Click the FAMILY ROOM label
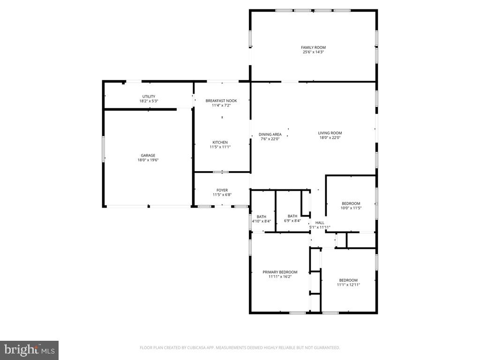pyautogui.click(x=313, y=47)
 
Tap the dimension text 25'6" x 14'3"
pyautogui.click(x=313, y=52)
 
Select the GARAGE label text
pyautogui.click(x=148, y=156)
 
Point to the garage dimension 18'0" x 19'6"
pyautogui.click(x=148, y=160)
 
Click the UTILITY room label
pyautogui.click(x=149, y=97)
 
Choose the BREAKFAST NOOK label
pyautogui.click(x=221, y=101)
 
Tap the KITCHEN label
pyautogui.click(x=220, y=142)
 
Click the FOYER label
pyautogui.click(x=222, y=190)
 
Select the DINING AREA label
pyautogui.click(x=270, y=135)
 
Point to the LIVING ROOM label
pyautogui.click(x=330, y=133)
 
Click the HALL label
pyautogui.click(x=320, y=223)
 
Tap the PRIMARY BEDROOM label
pyautogui.click(x=280, y=272)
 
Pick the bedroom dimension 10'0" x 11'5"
pyautogui.click(x=351, y=208)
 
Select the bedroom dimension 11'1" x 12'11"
pyautogui.click(x=348, y=285)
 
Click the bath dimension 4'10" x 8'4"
pyautogui.click(x=262, y=221)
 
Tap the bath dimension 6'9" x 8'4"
pyautogui.click(x=292, y=220)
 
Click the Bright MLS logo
pyautogui.click(x=29, y=350)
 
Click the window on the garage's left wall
pyautogui.click(x=104, y=149)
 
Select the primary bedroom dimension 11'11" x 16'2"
pyautogui.click(x=280, y=277)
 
